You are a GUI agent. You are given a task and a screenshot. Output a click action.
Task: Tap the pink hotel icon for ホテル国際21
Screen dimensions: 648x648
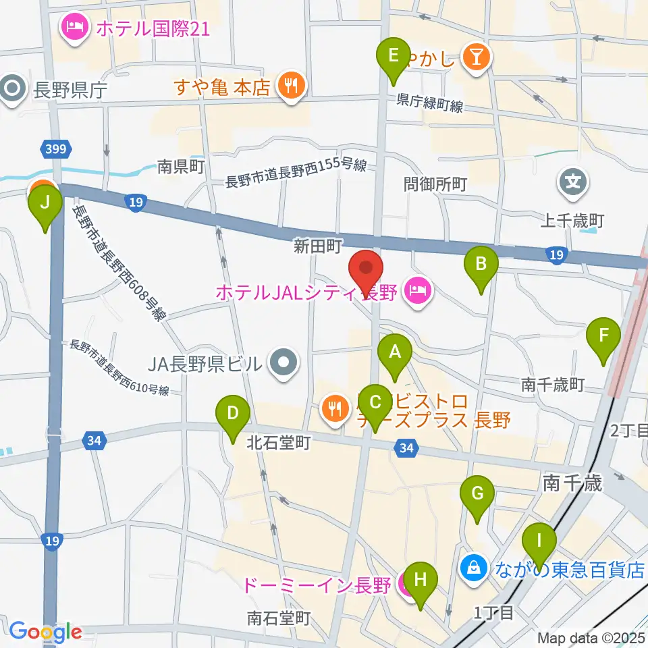pos(72,28)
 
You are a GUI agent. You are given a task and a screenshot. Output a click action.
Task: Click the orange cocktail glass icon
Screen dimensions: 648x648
pos(477,59)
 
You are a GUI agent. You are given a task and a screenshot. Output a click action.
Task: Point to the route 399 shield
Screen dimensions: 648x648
pos(56,148)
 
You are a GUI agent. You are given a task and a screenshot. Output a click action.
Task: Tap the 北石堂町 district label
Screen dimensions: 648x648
pos(278,443)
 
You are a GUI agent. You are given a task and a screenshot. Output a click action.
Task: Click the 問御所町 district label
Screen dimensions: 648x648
pos(435,184)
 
